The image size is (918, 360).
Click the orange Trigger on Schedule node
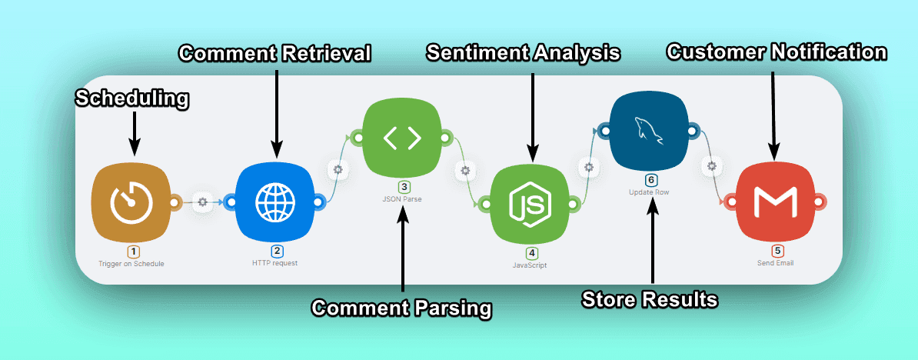coord(131,202)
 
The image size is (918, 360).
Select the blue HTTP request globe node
coord(274,202)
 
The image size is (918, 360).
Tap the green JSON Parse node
coord(402,138)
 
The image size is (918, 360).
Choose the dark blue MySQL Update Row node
coord(650,132)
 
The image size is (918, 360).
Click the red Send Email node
coord(777,203)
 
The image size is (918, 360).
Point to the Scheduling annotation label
coord(132,98)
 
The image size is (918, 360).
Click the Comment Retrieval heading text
coord(275,53)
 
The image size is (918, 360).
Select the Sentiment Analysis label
coord(524,53)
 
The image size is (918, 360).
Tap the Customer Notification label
coord(777,52)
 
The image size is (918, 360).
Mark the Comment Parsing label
coord(401,308)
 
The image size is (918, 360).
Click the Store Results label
coord(650,299)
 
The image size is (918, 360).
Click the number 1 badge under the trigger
coord(134,252)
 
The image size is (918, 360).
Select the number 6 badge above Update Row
coord(650,180)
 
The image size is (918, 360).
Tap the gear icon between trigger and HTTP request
coord(203,202)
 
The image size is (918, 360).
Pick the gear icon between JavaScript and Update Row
coord(589,166)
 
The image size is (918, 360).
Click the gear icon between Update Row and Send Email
coord(713,165)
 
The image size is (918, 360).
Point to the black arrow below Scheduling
coord(134,131)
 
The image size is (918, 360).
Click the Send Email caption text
coord(777,263)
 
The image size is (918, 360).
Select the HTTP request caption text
coord(274,263)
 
